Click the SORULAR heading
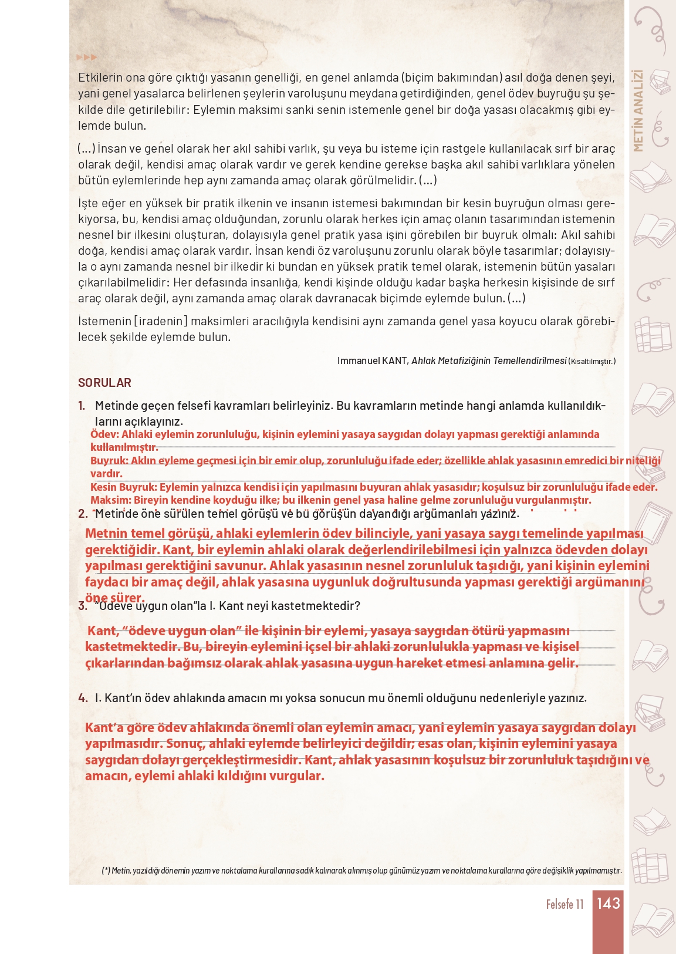(x=104, y=383)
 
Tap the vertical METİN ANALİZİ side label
(x=638, y=110)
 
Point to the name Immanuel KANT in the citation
(x=372, y=360)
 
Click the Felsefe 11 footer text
(x=565, y=904)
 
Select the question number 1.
(x=82, y=406)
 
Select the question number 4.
(x=83, y=698)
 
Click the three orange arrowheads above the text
(x=87, y=58)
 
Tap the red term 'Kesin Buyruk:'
(x=123, y=487)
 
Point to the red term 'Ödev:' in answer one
(x=104, y=434)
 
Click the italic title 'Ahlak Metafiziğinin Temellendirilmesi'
(x=489, y=360)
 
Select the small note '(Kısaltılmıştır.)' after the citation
(x=592, y=361)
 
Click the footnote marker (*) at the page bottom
(x=106, y=871)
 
